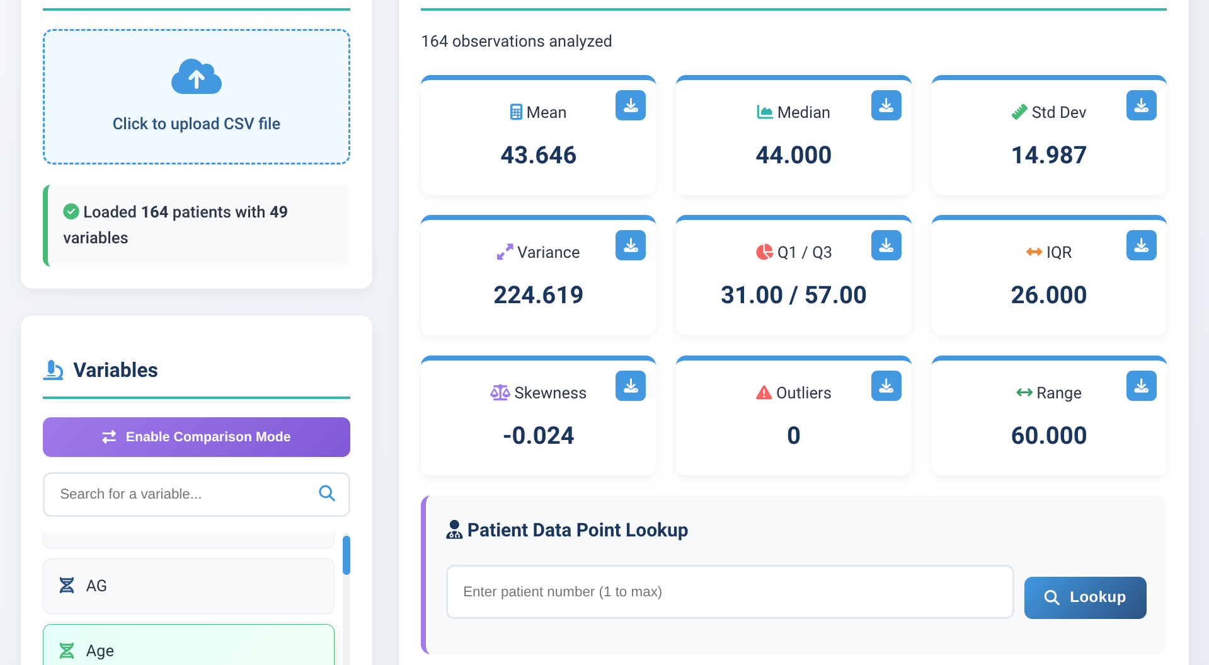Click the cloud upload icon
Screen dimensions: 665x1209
tap(197, 77)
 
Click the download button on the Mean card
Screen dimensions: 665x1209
tap(630, 106)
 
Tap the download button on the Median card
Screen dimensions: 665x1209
tap(886, 106)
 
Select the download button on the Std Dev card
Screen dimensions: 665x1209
tap(1141, 106)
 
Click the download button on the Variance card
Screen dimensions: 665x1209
tap(630, 246)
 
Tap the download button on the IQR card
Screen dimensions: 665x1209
tap(1141, 246)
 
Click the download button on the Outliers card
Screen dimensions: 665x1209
tap(886, 386)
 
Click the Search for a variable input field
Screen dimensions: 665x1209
tap(183, 494)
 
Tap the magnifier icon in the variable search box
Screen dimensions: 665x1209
tap(326, 494)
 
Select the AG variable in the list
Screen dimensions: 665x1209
tap(188, 586)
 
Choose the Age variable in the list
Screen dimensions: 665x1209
tap(188, 649)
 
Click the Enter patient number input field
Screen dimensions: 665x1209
tap(730, 592)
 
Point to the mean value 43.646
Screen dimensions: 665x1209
tap(538, 155)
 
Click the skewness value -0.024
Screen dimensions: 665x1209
tap(538, 436)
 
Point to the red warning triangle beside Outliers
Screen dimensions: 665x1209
tap(764, 393)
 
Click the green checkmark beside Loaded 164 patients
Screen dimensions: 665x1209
tap(71, 212)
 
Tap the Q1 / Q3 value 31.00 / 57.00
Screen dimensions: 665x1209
tap(793, 295)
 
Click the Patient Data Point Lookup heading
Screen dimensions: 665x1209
tap(577, 530)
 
